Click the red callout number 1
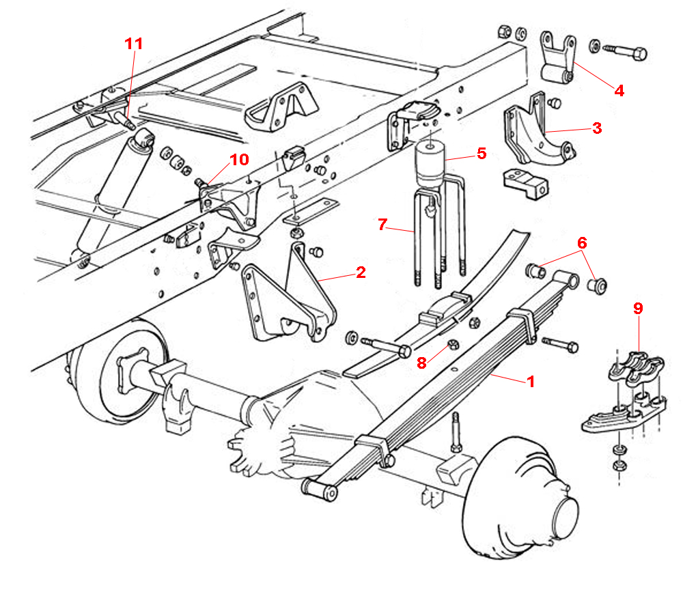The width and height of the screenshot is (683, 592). point(530,381)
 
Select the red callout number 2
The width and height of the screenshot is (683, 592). point(361,273)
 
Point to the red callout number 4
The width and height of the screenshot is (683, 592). point(619,89)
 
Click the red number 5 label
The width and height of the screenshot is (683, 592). point(482,153)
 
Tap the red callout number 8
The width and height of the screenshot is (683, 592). point(422,363)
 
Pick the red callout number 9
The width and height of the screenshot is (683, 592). point(638,309)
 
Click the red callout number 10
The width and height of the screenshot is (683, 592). point(238,160)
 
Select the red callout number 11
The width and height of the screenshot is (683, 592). point(135,44)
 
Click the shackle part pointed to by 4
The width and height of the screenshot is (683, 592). point(555,58)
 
